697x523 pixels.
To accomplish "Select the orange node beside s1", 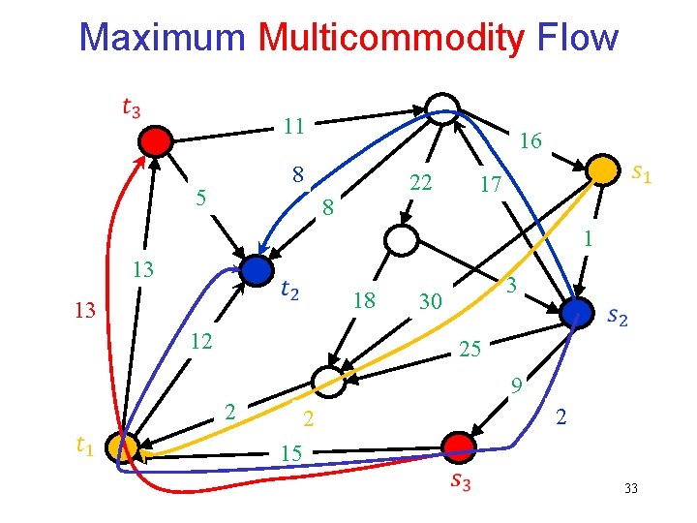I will [602, 169].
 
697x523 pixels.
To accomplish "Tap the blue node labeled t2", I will [256, 270].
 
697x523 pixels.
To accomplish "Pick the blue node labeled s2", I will [576, 311].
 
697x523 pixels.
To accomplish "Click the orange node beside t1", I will [124, 447].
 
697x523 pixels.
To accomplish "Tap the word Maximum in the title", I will [163, 38].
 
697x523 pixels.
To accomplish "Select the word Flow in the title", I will [577, 38].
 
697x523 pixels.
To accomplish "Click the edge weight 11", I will [294, 126].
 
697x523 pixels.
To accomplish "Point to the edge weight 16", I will [530, 141].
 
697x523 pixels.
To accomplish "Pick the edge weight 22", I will [420, 183].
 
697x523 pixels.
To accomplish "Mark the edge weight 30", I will [430, 303].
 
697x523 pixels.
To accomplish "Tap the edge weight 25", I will [470, 347].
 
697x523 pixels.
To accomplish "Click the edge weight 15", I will [289, 452].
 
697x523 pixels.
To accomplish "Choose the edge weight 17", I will [490, 184].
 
